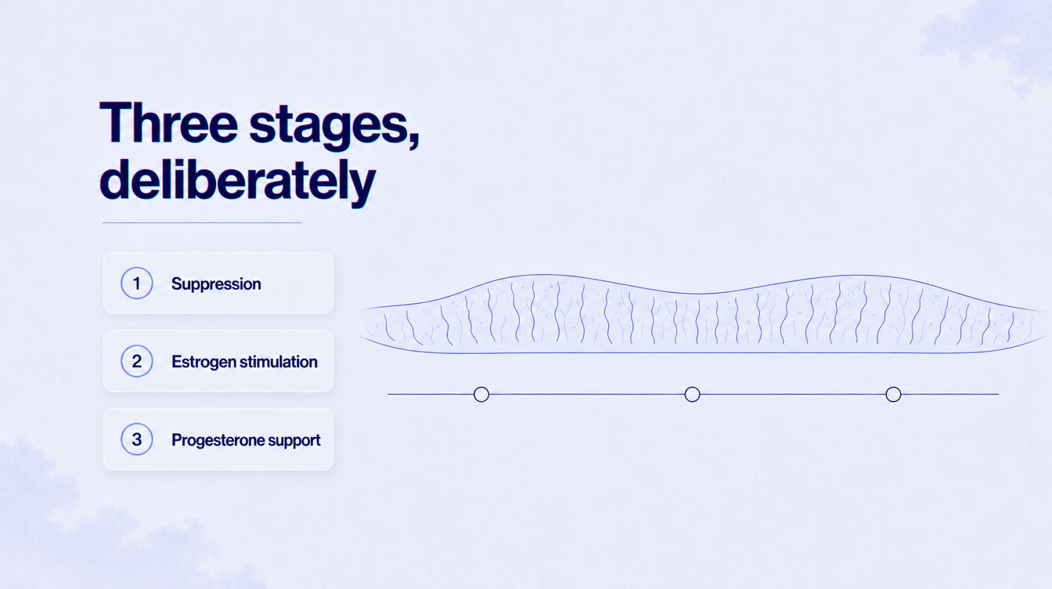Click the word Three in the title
tap(168, 122)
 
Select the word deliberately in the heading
tap(238, 182)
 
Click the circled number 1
tap(137, 283)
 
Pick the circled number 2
tap(137, 361)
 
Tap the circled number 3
tap(137, 439)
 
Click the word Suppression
tap(216, 284)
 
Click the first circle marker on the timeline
tap(481, 395)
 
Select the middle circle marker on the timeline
tap(692, 395)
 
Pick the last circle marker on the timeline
tap(893, 395)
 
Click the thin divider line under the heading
tap(202, 222)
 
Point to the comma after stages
tap(414, 141)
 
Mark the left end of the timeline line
tap(388, 395)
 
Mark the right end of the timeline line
tap(999, 395)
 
